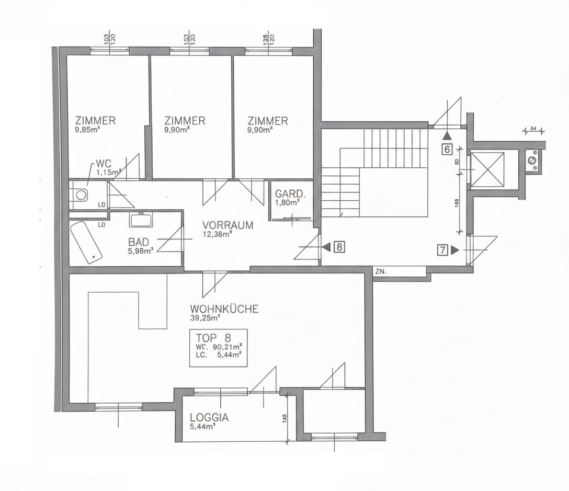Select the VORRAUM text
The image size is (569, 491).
pos(227,225)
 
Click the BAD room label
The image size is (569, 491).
pos(138,242)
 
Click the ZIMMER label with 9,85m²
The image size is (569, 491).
pos(95,121)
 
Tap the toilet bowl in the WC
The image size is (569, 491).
pos(81,195)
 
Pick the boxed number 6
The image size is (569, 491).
pos(447,149)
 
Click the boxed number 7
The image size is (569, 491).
pos(443,250)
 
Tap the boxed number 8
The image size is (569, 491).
pos(339,247)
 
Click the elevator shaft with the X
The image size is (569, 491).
pos(487,168)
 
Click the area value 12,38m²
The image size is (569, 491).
pos(217,235)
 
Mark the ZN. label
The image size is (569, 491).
pos(380,271)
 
